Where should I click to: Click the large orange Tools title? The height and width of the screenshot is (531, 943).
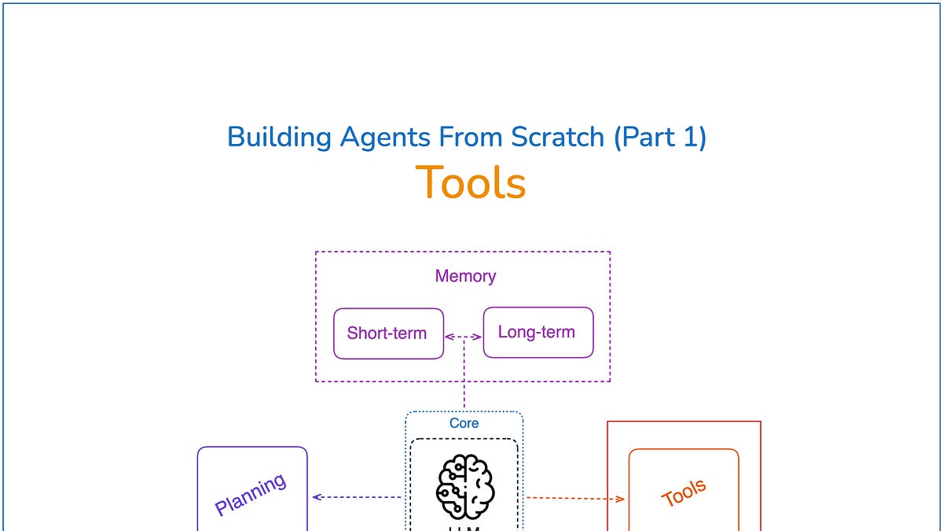(x=470, y=183)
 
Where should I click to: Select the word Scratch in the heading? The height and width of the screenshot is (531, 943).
(x=558, y=137)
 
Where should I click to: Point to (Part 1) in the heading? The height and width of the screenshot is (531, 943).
(x=660, y=137)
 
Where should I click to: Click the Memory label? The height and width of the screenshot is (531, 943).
(x=465, y=276)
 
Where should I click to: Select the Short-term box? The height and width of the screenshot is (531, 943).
(x=387, y=333)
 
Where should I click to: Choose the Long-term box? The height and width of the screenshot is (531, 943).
(x=538, y=332)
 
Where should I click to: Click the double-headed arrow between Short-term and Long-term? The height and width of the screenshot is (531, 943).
(x=464, y=337)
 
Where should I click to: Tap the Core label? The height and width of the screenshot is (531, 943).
(x=464, y=423)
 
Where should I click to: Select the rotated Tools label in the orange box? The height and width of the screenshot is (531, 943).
(x=684, y=493)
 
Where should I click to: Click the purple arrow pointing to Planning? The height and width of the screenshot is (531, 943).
(x=358, y=496)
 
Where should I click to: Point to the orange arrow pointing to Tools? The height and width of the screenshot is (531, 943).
(x=574, y=498)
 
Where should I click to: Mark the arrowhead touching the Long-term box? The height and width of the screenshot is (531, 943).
(x=478, y=337)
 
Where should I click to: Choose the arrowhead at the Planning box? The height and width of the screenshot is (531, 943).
(x=317, y=496)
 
